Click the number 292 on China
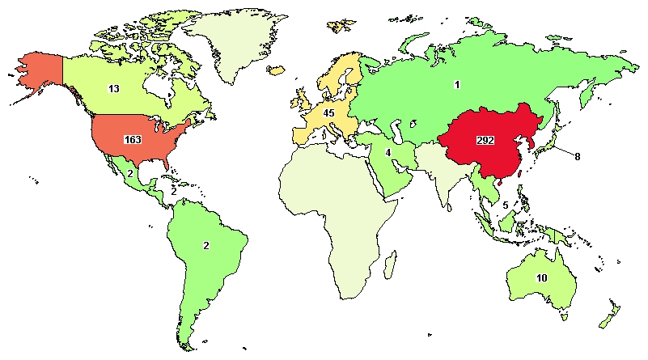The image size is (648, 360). click(x=485, y=140)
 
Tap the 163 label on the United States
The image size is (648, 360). click(x=133, y=139)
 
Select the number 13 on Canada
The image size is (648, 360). click(x=114, y=89)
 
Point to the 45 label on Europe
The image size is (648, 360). click(x=330, y=113)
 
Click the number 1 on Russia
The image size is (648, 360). click(x=457, y=84)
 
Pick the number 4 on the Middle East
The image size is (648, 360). click(x=388, y=152)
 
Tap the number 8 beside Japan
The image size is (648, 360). click(x=578, y=156)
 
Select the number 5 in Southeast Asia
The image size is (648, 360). click(x=506, y=205)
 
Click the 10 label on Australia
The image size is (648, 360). click(x=541, y=277)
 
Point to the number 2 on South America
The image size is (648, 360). click(x=206, y=245)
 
